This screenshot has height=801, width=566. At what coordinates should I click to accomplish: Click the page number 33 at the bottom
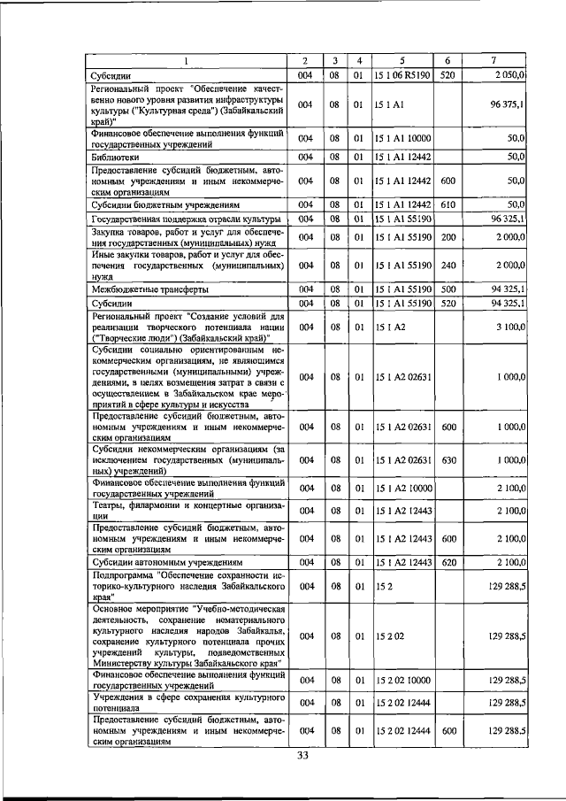pos(302,755)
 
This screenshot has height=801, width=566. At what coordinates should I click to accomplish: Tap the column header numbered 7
pos(493,60)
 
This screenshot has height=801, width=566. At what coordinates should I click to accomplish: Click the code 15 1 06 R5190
pos(402,75)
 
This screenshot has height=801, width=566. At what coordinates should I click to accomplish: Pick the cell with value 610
pos(447,204)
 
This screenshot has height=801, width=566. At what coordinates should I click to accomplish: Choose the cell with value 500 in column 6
pos(447,289)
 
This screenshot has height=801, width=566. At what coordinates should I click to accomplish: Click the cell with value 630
pos(447,460)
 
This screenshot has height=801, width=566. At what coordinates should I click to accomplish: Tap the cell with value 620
pos(447,562)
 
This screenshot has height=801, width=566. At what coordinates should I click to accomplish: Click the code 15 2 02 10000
pos(403,680)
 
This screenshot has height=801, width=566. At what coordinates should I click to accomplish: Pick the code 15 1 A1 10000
pos(403,137)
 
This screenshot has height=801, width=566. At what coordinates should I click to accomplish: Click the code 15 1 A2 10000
pos(403,488)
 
